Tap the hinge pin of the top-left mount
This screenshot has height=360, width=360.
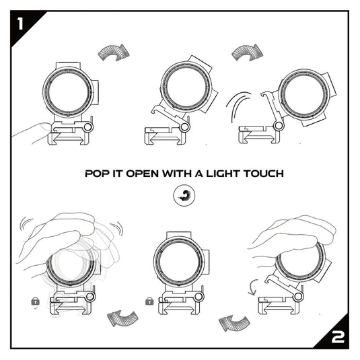[x=87, y=127]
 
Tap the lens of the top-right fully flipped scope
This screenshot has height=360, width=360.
[x=302, y=90]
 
